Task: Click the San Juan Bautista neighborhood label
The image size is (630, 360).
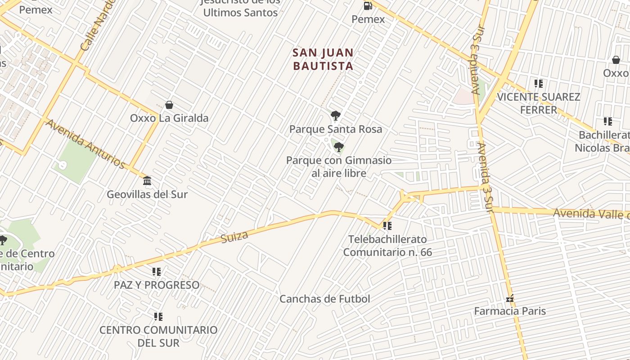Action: click(x=323, y=59)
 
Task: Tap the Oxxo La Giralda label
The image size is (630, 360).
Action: click(x=169, y=118)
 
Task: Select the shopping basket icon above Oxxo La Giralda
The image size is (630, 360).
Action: click(x=169, y=105)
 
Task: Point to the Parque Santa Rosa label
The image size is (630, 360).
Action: click(x=335, y=129)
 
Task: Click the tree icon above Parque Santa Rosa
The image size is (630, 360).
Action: click(x=335, y=116)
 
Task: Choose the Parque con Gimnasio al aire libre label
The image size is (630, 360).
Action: click(x=339, y=166)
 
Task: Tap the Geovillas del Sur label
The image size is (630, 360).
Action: click(x=147, y=194)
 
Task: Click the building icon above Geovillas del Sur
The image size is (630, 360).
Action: click(x=147, y=181)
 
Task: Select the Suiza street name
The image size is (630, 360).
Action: click(x=234, y=237)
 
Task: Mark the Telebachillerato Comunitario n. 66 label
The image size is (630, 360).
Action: click(x=387, y=246)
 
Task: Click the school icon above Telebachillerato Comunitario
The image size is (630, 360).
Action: click(x=387, y=226)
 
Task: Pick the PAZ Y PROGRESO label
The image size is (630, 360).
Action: click(x=157, y=285)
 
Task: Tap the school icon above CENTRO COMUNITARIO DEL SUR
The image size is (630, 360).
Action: click(x=158, y=317)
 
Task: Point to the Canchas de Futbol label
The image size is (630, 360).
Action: click(x=325, y=299)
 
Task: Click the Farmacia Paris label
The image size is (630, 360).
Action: click(x=510, y=311)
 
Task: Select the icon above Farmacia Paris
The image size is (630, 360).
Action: click(x=510, y=298)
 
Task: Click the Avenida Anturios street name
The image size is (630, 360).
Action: click(x=85, y=144)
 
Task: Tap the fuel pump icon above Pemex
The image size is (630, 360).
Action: click(x=368, y=6)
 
